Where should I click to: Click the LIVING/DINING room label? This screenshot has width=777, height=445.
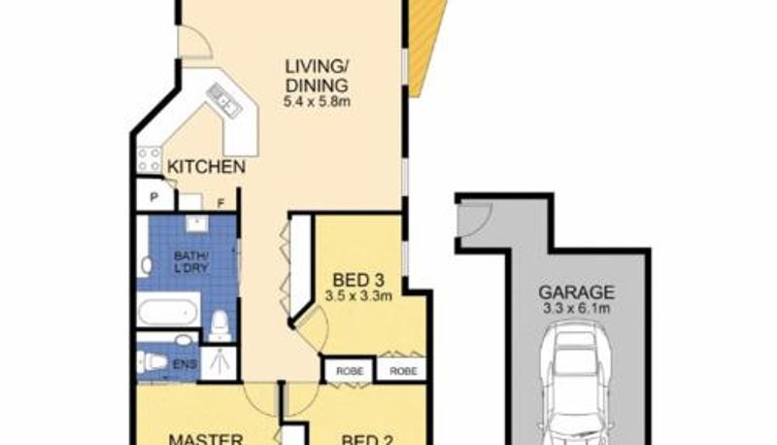[x=318, y=76]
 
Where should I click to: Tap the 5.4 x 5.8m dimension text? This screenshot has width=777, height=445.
[x=318, y=102]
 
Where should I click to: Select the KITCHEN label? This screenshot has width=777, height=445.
[x=206, y=167]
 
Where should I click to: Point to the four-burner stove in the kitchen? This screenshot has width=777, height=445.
[x=149, y=159]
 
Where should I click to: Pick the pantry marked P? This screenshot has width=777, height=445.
[x=154, y=197]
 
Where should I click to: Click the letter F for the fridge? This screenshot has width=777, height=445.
[x=221, y=203]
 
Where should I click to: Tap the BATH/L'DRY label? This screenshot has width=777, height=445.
[x=190, y=262]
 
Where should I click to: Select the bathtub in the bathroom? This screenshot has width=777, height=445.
[x=168, y=309]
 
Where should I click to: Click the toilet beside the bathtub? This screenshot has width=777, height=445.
[x=220, y=326]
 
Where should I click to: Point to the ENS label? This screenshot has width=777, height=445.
[x=185, y=364]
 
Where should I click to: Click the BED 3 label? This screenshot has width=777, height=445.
[x=358, y=281]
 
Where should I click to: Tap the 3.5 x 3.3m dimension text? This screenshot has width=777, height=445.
[x=358, y=296]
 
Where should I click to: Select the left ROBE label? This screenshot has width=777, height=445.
[x=350, y=370]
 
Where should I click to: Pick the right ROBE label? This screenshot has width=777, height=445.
[x=403, y=370]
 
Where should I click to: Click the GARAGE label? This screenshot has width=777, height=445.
[x=576, y=292]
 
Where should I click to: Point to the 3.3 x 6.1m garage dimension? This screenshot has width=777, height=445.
[x=576, y=309]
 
